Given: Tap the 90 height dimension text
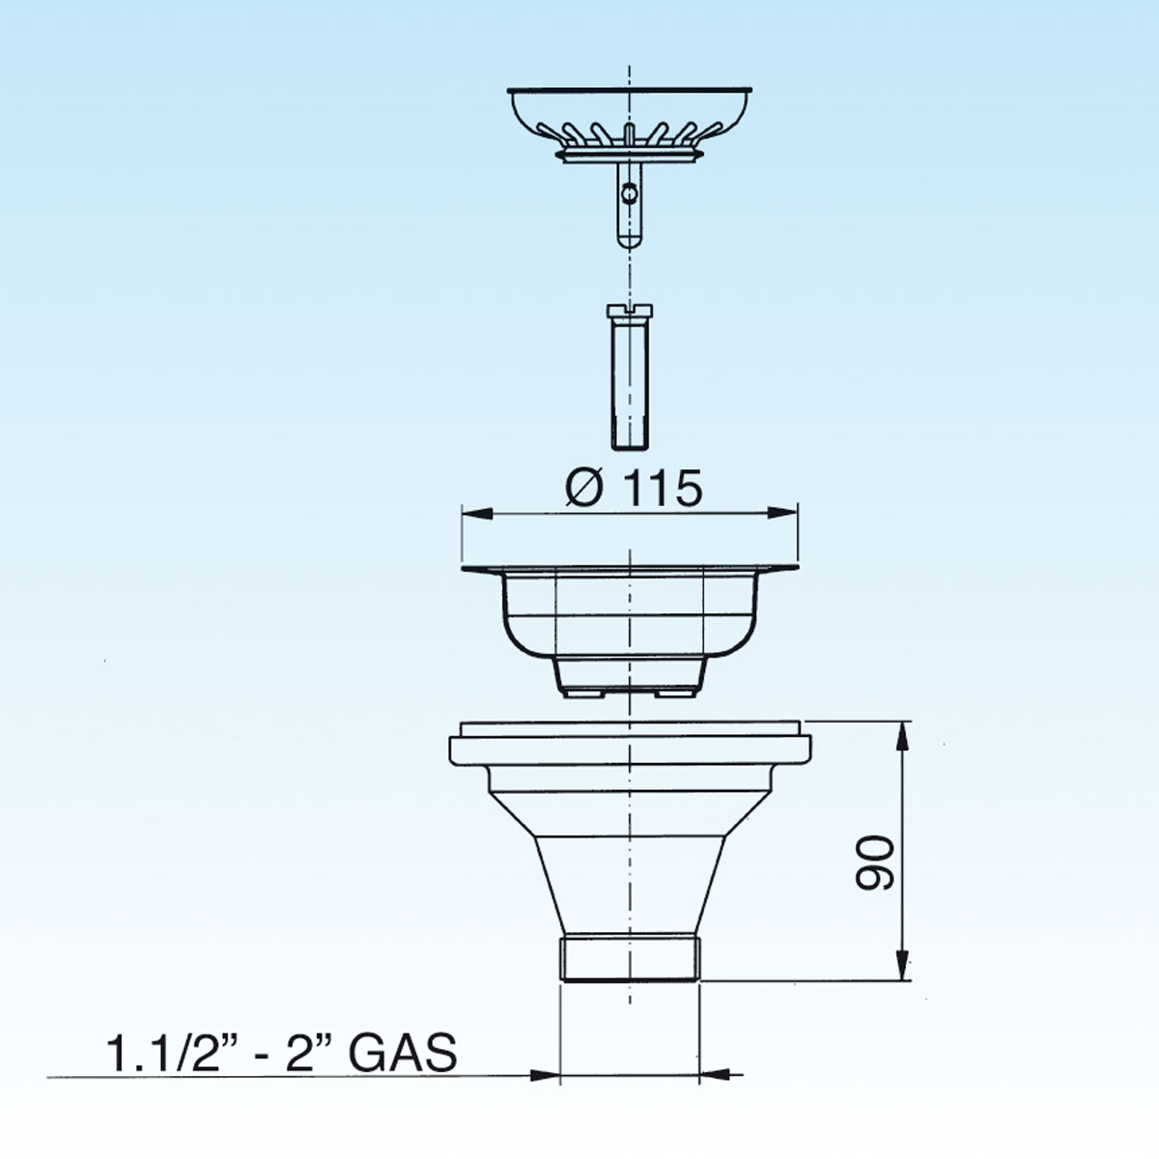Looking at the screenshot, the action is [x=874, y=862].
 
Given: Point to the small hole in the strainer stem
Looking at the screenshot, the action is [x=629, y=193].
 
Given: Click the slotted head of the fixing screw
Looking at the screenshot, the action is [x=630, y=310].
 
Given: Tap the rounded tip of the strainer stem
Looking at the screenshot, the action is [x=630, y=240].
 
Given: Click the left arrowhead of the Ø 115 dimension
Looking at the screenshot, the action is [x=477, y=513].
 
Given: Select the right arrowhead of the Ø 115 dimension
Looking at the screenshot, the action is [x=782, y=513].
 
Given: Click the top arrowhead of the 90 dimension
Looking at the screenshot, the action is [x=901, y=737].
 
